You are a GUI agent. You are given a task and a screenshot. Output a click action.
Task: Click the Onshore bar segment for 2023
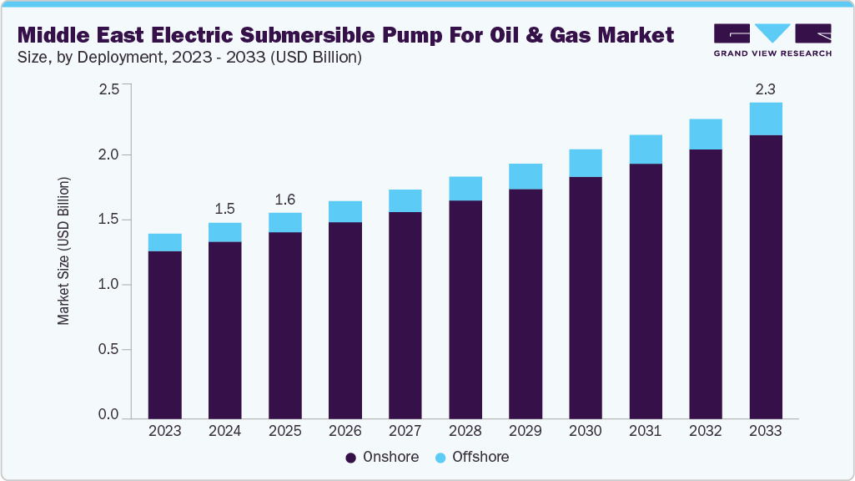coord(164,334)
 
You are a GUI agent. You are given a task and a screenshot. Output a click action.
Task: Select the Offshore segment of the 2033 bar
coord(765,119)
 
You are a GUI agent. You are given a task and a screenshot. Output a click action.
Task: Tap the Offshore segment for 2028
coord(465,189)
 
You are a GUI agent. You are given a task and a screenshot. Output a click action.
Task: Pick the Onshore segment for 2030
coord(585,296)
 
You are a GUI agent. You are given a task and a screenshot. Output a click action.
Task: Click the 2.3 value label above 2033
coord(765,89)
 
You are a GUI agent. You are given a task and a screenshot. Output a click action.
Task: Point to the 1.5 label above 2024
coord(224,208)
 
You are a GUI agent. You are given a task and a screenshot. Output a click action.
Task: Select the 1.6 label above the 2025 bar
coord(284,199)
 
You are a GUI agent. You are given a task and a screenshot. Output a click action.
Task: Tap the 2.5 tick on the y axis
coord(109,89)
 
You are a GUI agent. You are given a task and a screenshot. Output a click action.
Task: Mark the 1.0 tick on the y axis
coord(109,285)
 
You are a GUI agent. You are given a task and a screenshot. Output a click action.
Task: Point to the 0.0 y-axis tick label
coord(109,414)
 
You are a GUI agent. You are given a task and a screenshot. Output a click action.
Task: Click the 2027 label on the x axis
coord(405,432)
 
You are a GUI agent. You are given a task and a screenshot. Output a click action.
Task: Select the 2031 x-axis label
coord(645,432)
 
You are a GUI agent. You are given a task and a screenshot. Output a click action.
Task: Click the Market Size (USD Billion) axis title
coord(63,251)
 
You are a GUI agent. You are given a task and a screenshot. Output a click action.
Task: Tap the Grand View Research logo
coord(772,40)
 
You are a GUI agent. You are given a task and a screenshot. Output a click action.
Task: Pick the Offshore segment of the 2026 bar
coord(345,211)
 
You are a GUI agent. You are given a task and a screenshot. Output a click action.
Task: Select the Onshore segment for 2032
coord(705,284)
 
